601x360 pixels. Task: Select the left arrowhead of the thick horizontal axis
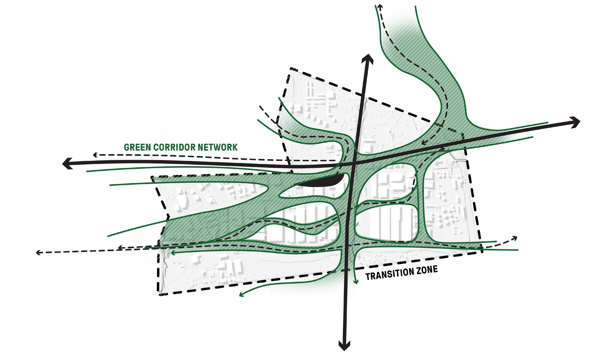coord(66,163)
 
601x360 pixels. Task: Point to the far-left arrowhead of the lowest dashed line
coord(38,252)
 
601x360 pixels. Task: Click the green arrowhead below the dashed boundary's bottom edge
coord(241,295)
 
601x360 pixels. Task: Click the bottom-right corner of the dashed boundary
coord(482,252)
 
